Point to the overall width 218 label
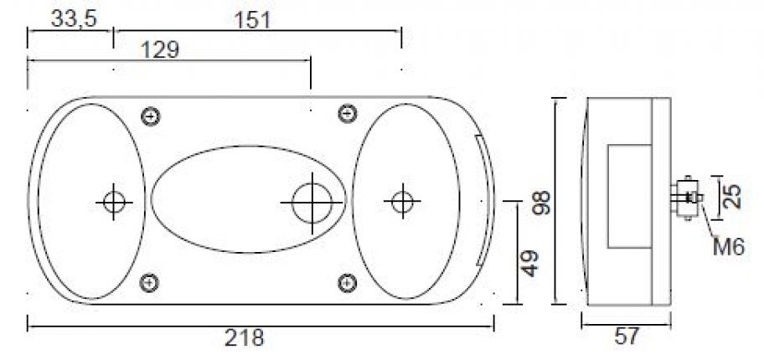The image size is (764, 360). [x=244, y=337]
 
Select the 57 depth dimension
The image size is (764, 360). [x=627, y=337]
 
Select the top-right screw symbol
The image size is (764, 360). [x=344, y=114]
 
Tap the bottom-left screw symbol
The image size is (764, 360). [x=151, y=282]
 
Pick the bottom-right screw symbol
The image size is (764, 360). [x=344, y=282]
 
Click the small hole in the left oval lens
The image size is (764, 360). [x=112, y=201]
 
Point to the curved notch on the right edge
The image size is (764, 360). [x=483, y=201]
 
